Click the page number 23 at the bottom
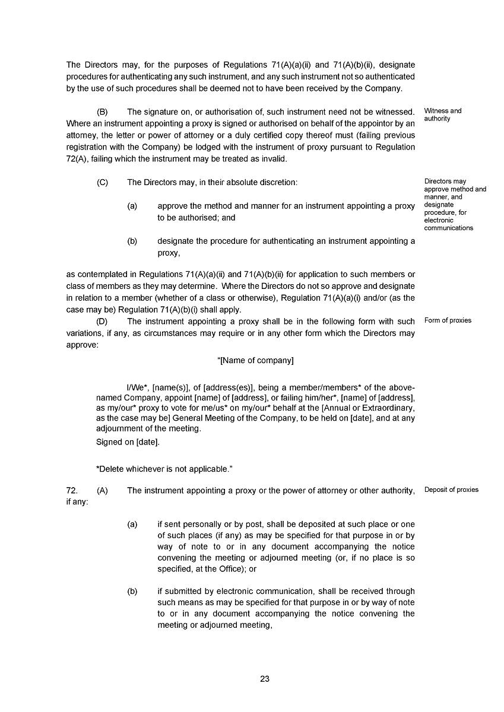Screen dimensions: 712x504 click(265, 679)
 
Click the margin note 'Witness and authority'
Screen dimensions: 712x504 click(443, 115)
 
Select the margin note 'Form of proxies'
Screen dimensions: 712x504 click(448, 320)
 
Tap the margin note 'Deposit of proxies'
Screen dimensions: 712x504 click(451, 490)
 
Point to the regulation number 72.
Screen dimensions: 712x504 click(72, 490)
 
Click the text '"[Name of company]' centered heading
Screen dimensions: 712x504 click(255, 361)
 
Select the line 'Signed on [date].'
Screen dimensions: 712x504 click(128, 441)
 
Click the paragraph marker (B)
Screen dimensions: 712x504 click(102, 112)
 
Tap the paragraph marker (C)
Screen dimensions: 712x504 click(102, 183)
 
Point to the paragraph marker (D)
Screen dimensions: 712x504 click(102, 322)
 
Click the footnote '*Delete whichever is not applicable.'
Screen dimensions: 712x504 click(164, 469)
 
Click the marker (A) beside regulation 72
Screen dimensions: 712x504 click(102, 490)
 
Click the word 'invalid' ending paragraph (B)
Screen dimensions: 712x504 click(273, 159)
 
